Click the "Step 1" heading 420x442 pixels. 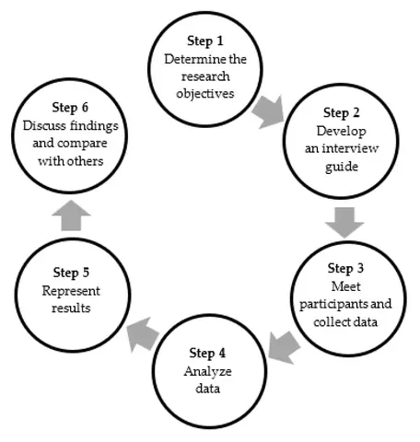point(205,41)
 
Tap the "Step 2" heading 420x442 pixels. point(341,113)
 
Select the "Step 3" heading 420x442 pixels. point(345,269)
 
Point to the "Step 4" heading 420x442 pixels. point(207,354)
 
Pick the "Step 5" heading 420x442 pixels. point(71,273)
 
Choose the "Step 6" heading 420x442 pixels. point(70,108)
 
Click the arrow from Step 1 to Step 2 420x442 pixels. point(268,111)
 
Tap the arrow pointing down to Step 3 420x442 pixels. point(344,223)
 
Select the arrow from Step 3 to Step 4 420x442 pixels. point(284,347)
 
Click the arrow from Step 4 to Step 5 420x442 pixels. point(143,334)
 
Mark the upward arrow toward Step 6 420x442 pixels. point(71,215)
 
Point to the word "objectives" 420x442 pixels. point(205,94)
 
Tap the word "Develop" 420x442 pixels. point(342,132)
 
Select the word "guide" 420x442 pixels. point(342,168)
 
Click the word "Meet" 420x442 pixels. point(345,286)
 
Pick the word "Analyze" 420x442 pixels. point(208,372)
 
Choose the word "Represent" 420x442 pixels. point(71,291)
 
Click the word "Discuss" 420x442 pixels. point(44,125)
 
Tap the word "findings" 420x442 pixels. point(94,126)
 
